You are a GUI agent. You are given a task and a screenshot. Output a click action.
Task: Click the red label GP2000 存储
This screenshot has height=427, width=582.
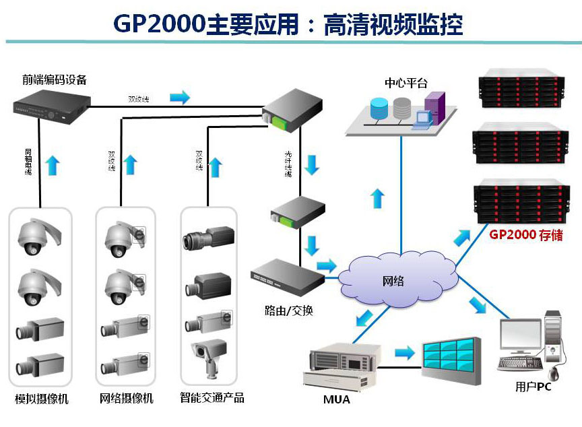pyautogui.click(x=525, y=236)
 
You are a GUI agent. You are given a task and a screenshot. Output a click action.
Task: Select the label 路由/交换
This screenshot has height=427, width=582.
pyautogui.click(x=289, y=310)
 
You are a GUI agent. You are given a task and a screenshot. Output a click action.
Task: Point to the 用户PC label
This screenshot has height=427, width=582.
pyautogui.click(x=533, y=387)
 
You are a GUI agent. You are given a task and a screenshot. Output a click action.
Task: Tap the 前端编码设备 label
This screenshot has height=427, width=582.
pyautogui.click(x=55, y=79)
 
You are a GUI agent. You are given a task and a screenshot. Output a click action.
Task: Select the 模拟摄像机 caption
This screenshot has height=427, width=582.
pyautogui.click(x=42, y=399)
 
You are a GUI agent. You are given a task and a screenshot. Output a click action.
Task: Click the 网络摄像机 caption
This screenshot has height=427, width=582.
pyautogui.click(x=127, y=399)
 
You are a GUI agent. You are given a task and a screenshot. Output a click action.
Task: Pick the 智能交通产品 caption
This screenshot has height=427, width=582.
pyautogui.click(x=212, y=398)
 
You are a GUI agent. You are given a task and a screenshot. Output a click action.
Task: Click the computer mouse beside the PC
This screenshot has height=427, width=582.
pyautogui.click(x=554, y=372)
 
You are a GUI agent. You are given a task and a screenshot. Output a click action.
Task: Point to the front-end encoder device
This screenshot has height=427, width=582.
pyautogui.click(x=53, y=104)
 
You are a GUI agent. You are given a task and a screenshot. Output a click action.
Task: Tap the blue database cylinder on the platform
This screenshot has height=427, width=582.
pyautogui.click(x=379, y=108)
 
